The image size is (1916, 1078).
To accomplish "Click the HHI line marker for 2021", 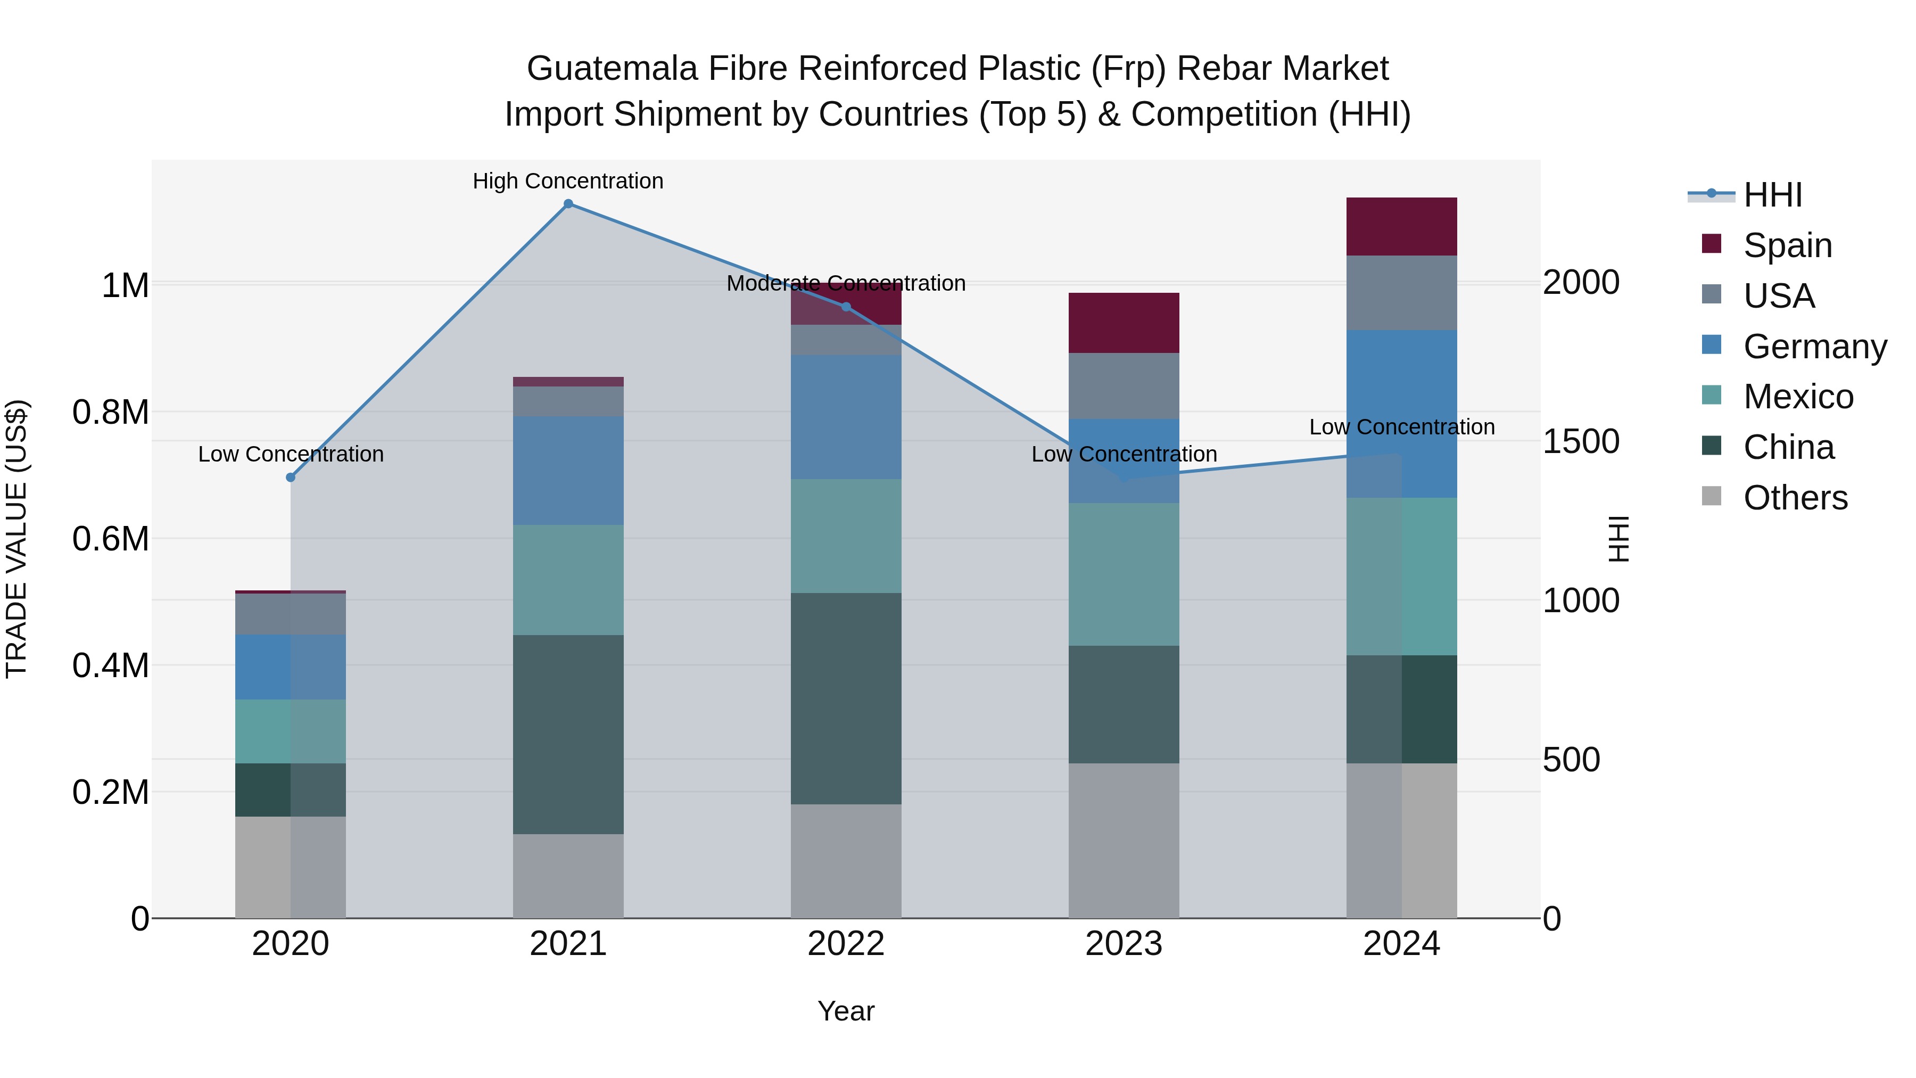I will (568, 204).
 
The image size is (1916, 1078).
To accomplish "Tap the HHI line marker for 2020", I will (291, 477).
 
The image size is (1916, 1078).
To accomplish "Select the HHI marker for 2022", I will (846, 307).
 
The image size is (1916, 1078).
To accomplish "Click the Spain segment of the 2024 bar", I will (1401, 227).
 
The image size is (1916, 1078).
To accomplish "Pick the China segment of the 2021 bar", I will (568, 734).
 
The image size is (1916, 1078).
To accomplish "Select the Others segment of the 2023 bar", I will (1124, 841).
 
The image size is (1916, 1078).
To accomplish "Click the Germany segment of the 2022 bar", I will (846, 417).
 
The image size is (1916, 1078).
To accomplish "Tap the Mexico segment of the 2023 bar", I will (1124, 574).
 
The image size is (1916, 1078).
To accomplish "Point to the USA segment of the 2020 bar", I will (291, 614).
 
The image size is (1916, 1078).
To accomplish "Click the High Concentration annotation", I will (568, 182).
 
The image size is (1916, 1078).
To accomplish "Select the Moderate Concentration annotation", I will (846, 283).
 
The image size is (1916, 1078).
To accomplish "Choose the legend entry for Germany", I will (1815, 347).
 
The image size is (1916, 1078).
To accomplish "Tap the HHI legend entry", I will (1772, 195).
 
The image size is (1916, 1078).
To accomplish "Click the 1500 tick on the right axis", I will (1581, 441).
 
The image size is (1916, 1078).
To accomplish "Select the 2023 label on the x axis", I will (1124, 944).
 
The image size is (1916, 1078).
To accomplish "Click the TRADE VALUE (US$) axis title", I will (16, 539).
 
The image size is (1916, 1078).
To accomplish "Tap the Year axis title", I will (846, 1011).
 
